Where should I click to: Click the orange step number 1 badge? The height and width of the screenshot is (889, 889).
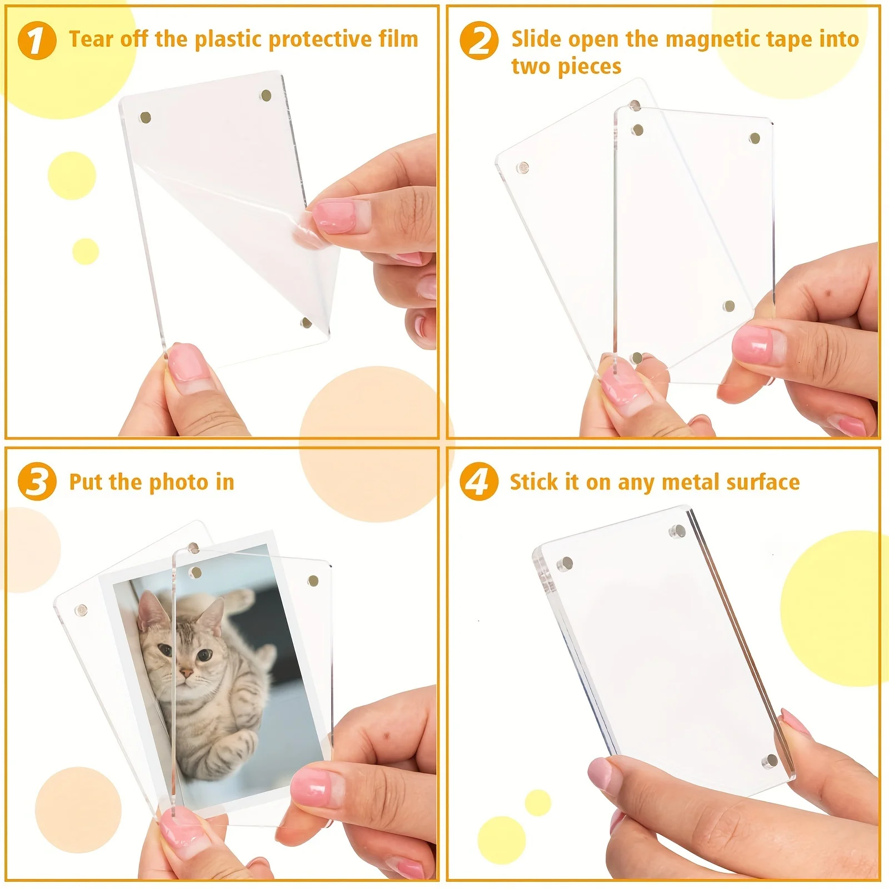[x=37, y=41]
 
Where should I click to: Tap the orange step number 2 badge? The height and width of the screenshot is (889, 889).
[x=479, y=41]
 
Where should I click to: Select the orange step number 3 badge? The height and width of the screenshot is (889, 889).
[x=37, y=481]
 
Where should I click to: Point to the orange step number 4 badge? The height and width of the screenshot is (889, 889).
[x=478, y=481]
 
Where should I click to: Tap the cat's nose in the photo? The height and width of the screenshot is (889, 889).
[x=186, y=673]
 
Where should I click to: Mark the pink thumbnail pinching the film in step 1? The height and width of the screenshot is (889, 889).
[x=335, y=216]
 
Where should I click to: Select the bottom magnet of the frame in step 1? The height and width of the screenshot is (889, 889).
[x=306, y=323]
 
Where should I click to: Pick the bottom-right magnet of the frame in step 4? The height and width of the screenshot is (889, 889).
[x=770, y=761]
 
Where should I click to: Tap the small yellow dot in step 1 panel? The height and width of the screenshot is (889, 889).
[x=86, y=251]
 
